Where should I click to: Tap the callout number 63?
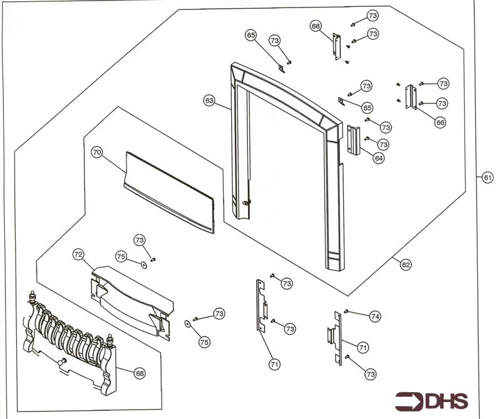(209, 100)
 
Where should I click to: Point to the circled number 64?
(378, 158)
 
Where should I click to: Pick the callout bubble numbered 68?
(140, 374)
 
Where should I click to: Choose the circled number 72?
(78, 255)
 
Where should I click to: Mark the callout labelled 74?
(374, 317)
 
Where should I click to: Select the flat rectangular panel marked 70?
(169, 191)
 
